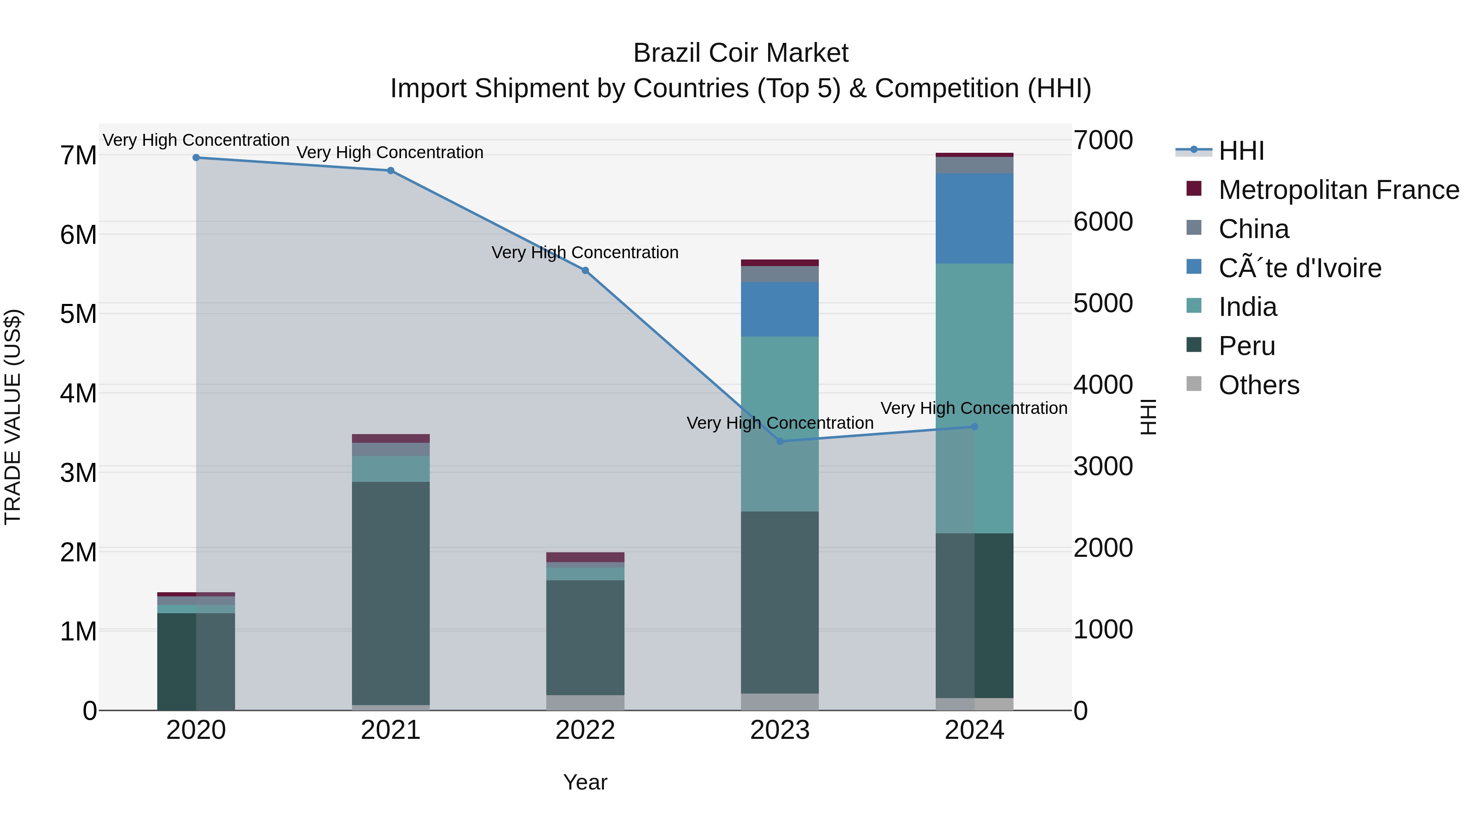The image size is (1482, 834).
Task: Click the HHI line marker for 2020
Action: click(x=196, y=157)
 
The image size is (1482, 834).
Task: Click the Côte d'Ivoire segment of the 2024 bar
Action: click(x=974, y=219)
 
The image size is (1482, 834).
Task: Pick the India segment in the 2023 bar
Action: click(x=780, y=424)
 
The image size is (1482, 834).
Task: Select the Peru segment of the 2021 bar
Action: click(x=391, y=593)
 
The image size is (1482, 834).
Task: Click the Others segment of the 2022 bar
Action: click(x=585, y=702)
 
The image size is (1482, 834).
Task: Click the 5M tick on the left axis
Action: click(x=79, y=314)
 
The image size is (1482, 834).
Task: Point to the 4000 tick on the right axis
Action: click(x=1103, y=385)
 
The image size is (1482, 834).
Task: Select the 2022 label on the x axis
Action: click(x=585, y=730)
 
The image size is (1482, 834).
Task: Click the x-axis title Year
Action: click(x=585, y=782)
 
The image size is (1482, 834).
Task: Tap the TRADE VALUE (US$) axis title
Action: click(x=13, y=417)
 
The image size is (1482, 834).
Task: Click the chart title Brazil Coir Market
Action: click(x=741, y=53)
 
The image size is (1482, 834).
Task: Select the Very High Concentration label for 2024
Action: click(x=974, y=408)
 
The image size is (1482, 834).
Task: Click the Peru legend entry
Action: click(x=1246, y=346)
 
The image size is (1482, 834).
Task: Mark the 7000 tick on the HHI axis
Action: click(x=1103, y=140)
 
